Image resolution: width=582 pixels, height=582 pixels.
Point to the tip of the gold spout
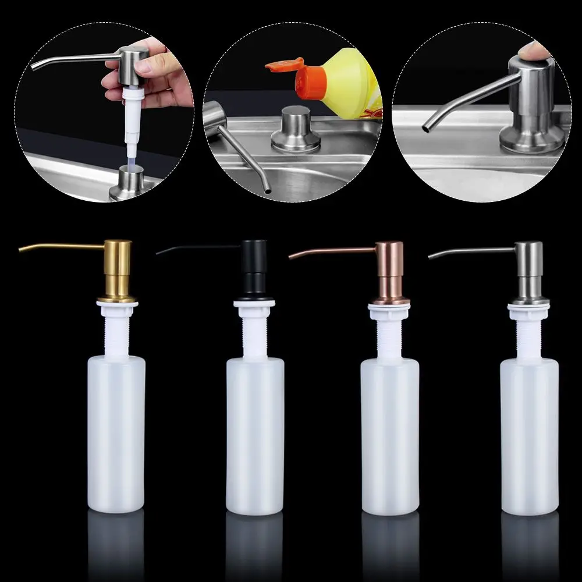pyautogui.click(x=21, y=249)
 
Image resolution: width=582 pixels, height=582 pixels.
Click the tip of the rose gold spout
pyautogui.click(x=291, y=256)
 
